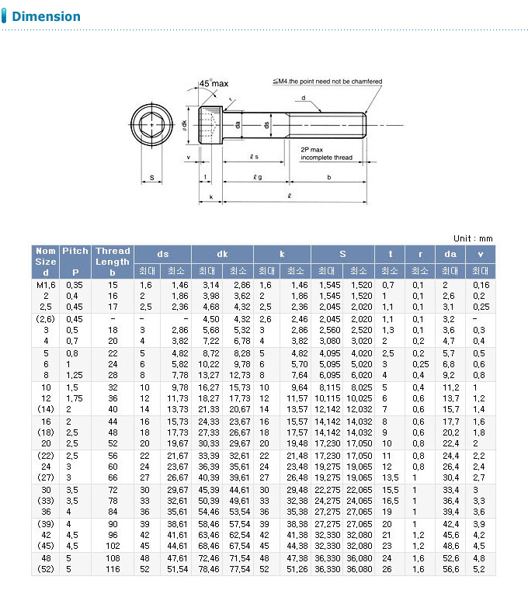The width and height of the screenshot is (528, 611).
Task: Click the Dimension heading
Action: [x=46, y=16]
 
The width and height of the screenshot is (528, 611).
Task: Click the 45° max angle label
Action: [x=214, y=83]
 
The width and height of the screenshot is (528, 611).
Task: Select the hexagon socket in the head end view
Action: [x=151, y=123]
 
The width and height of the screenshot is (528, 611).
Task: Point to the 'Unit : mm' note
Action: [x=472, y=238]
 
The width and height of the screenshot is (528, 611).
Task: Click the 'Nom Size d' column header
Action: [x=46, y=262]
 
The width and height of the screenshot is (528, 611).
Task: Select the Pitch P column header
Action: [x=75, y=262]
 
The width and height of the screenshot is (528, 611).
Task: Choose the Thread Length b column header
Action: [x=113, y=262]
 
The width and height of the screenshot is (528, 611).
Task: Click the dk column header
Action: [x=222, y=254]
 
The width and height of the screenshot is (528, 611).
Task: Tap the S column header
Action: [x=342, y=254]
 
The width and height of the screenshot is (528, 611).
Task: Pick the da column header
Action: [x=450, y=254]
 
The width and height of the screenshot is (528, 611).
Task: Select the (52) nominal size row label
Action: [x=46, y=569]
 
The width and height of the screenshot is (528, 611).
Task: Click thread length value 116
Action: [x=113, y=569]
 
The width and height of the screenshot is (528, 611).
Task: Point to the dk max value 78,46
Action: [x=209, y=569]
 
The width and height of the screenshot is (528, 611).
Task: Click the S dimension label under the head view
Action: [x=152, y=179]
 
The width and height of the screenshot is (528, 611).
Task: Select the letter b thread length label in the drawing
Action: [x=329, y=178]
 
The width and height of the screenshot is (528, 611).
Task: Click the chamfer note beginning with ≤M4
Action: [x=327, y=81]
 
